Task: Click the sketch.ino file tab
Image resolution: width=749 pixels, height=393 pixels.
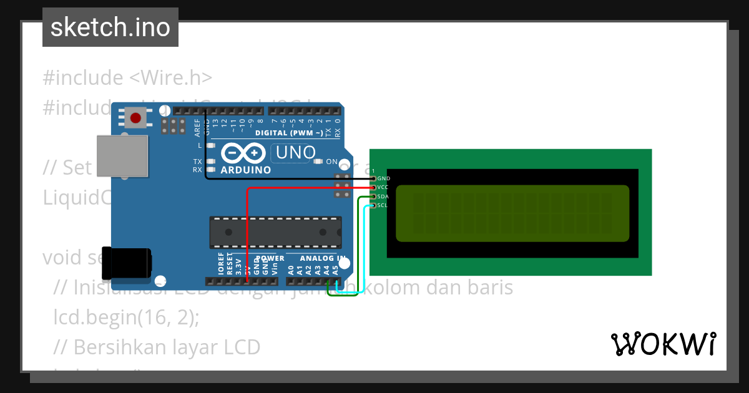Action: pos(110,27)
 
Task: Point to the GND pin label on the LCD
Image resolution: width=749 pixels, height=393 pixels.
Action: pos(384,178)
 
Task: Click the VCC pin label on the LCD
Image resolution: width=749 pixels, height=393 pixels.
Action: pos(384,187)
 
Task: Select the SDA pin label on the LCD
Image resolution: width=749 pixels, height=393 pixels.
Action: pos(384,196)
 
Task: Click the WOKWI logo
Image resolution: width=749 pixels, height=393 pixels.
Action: pos(663,344)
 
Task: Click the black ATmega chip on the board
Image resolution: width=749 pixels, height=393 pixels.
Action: pos(275,232)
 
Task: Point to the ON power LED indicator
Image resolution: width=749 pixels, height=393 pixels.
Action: pos(331,162)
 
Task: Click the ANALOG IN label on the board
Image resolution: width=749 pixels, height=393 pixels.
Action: pos(322,258)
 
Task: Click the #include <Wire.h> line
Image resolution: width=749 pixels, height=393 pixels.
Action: pos(127,78)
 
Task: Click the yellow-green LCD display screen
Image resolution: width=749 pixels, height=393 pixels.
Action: pos(512,213)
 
